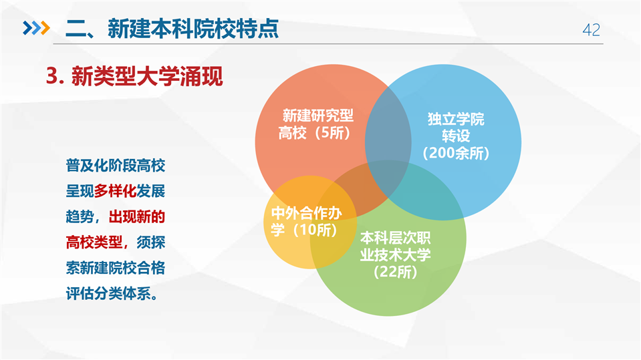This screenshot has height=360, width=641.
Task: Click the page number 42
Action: (x=591, y=30)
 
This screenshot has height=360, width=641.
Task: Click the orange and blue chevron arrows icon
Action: (x=36, y=28)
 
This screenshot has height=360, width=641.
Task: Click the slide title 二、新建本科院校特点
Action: (x=172, y=29)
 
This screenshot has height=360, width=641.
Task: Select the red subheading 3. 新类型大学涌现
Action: (x=134, y=76)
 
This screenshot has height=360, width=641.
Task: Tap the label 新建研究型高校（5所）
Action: (x=316, y=124)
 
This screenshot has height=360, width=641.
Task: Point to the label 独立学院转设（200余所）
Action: (x=455, y=136)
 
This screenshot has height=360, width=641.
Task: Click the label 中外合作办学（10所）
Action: (x=306, y=222)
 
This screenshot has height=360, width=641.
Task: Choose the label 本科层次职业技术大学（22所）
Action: (x=395, y=255)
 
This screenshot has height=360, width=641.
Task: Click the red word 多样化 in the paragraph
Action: (x=115, y=191)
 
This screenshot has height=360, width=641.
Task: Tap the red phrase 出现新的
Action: (x=136, y=216)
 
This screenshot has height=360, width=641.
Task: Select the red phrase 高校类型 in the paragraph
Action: (x=94, y=242)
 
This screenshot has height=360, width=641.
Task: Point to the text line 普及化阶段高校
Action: (x=115, y=166)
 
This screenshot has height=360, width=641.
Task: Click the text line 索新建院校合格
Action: (x=115, y=268)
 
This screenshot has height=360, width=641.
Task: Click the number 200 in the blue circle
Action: (x=442, y=153)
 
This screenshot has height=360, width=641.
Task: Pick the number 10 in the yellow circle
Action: (x=308, y=230)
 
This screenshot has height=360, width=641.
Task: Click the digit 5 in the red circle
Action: (x=326, y=133)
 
